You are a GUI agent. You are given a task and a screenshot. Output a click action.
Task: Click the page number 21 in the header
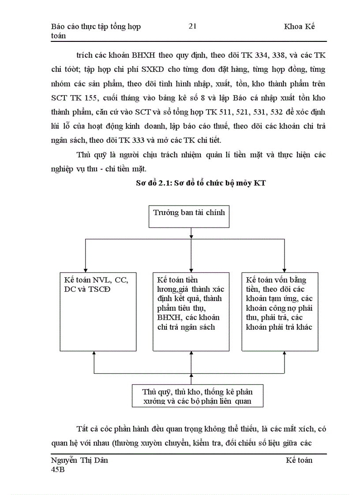pyautogui.click(x=192, y=26)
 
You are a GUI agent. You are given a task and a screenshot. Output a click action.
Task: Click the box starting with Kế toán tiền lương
pyautogui.click(x=191, y=311)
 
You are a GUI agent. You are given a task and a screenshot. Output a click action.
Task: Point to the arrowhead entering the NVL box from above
pyautogui.click(x=85, y=270)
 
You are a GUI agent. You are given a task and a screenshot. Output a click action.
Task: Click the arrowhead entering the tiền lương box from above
pyautogui.click(x=191, y=270)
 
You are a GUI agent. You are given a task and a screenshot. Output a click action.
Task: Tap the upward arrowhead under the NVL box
pyautogui.click(x=94, y=354)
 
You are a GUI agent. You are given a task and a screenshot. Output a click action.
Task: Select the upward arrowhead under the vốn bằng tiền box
pyautogui.click(x=283, y=354)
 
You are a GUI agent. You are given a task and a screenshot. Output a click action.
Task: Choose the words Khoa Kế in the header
pyautogui.click(x=300, y=26)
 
